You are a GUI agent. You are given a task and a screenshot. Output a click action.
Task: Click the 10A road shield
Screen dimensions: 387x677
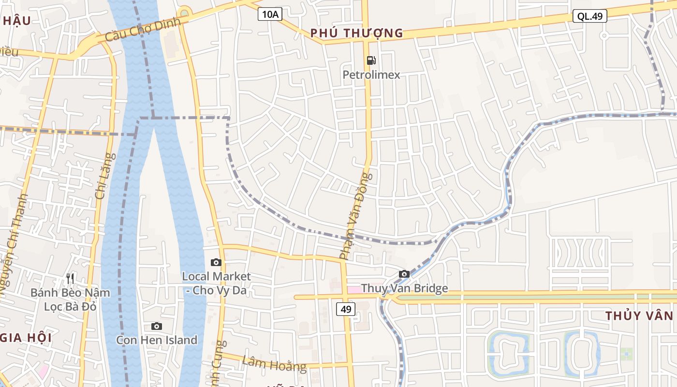pos(269,15)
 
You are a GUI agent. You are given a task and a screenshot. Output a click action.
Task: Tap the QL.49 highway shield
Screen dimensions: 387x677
pos(590,16)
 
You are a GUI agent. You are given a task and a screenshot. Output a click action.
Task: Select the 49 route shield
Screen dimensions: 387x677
pos(346,309)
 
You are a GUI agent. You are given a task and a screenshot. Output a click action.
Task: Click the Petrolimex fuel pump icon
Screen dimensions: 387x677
pos(371,60)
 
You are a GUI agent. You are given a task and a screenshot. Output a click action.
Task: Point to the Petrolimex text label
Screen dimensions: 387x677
pos(371,75)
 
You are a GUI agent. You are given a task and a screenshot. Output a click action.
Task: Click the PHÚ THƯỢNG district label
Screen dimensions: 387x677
pos(356,33)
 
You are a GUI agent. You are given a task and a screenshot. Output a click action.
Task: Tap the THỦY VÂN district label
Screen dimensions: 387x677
pos(639,316)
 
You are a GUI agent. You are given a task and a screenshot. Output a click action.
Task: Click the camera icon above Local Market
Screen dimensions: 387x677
pos(216,263)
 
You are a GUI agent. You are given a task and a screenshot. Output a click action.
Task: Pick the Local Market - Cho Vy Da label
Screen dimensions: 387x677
pos(216,283)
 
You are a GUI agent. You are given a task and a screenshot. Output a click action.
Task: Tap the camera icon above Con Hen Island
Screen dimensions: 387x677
pos(156,327)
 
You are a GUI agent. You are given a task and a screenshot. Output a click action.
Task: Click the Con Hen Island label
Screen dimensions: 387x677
pos(157,340)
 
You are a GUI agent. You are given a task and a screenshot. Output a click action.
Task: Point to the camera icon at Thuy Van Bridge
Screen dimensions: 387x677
pos(404,274)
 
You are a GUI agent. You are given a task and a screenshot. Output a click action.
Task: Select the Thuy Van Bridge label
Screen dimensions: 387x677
pos(404,289)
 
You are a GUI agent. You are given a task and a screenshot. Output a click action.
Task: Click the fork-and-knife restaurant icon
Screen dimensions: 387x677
pos(70,279)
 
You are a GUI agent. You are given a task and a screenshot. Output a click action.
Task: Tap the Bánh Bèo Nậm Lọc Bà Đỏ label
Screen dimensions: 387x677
pos(70,299)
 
